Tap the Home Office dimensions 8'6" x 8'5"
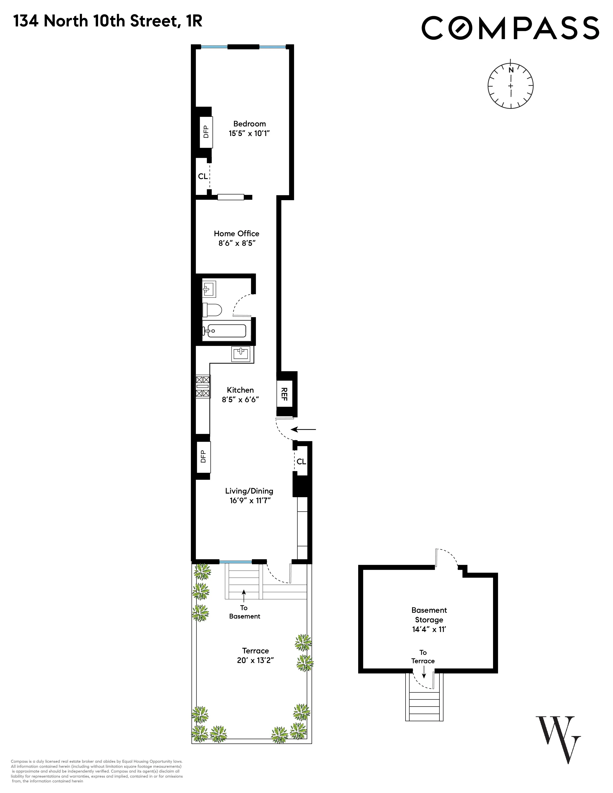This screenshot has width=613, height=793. click(237, 243)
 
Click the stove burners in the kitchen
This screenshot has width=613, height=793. click(203, 386)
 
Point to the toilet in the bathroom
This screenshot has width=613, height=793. click(213, 310)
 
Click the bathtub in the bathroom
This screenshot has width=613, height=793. click(225, 331)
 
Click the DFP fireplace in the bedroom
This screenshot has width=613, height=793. click(206, 132)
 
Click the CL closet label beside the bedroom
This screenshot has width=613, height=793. click(203, 176)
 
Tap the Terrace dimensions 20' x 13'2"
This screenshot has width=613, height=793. click(255, 660)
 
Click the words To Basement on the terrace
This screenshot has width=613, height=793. click(244, 612)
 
